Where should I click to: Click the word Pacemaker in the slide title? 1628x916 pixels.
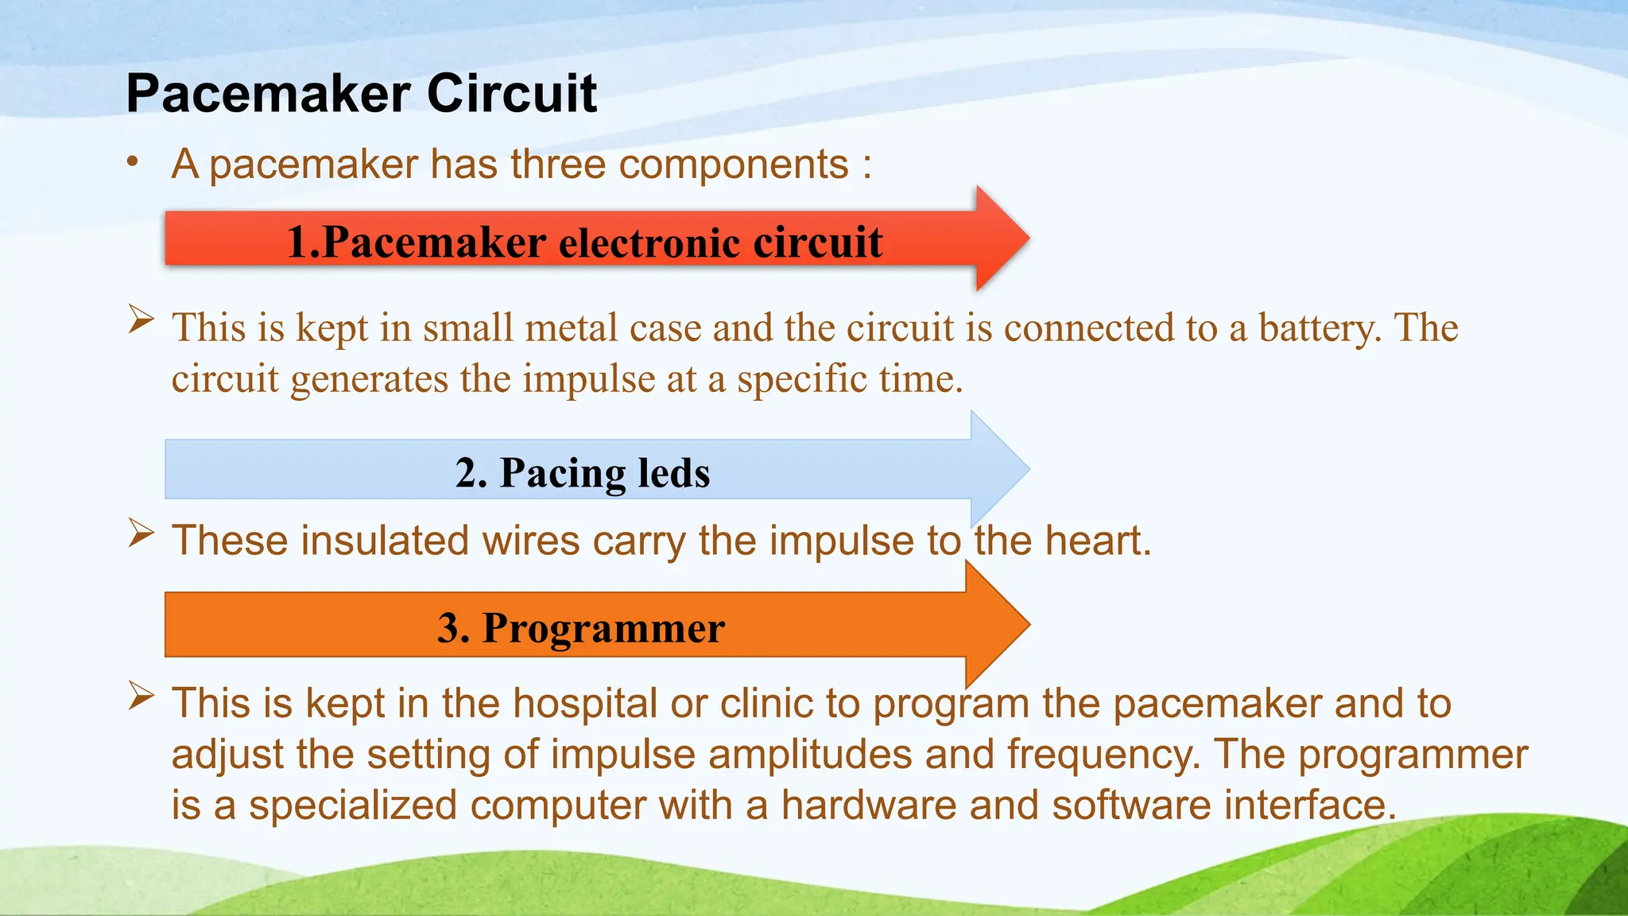[x=267, y=94]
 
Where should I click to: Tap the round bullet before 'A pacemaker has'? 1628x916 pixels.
[x=133, y=162]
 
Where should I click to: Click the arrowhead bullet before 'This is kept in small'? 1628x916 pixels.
[x=141, y=320]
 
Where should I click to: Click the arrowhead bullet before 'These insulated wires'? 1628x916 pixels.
[x=141, y=534]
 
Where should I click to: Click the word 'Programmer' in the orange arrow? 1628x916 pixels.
[x=603, y=628]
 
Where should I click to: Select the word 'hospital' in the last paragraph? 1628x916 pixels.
[x=584, y=704]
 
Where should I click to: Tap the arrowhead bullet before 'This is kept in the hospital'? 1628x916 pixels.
[x=141, y=697]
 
